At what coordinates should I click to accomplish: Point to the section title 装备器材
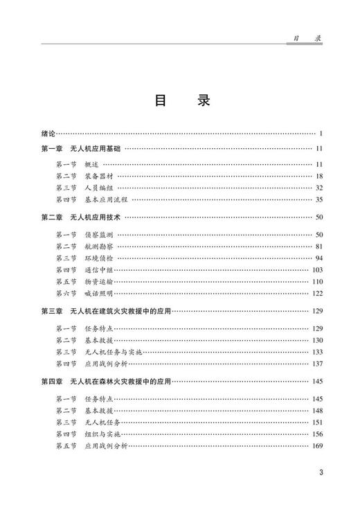[98, 176]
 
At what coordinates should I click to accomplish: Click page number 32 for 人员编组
[319, 188]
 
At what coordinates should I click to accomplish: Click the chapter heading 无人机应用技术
[95, 217]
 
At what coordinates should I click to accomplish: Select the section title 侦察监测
[98, 234]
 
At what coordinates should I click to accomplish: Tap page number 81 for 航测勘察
[319, 246]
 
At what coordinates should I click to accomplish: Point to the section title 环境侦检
[98, 258]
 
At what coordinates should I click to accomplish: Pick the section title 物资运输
[98, 281]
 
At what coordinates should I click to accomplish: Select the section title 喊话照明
[98, 293]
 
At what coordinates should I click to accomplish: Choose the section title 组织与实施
[101, 433]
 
